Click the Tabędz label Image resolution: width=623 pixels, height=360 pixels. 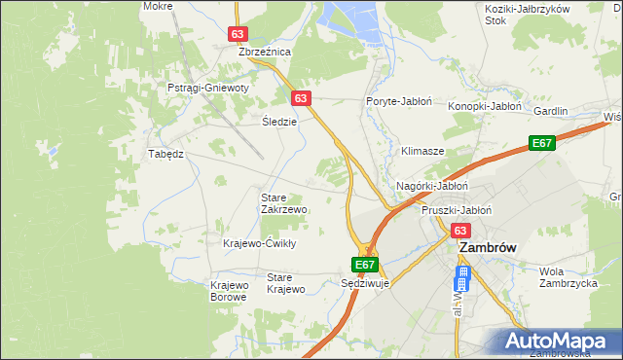(x=165, y=154)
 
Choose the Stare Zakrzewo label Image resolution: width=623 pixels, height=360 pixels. (x=284, y=203)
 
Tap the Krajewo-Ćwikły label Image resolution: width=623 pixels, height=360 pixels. (x=259, y=243)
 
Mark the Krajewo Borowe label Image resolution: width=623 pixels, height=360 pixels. (x=229, y=291)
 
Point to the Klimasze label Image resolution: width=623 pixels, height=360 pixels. (x=422, y=152)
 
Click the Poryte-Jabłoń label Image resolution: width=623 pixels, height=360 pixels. (x=399, y=101)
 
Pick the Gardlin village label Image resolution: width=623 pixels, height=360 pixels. (x=550, y=111)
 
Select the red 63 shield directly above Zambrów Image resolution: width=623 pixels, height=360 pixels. (x=460, y=231)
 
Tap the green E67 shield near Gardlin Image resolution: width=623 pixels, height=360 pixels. (x=542, y=144)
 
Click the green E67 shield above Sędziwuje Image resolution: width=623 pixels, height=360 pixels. (x=364, y=264)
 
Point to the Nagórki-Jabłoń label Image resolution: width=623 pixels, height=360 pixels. (x=433, y=185)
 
